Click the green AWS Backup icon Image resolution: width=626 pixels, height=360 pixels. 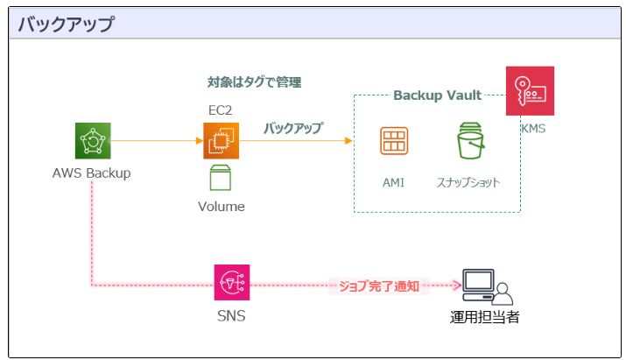pyautogui.click(x=93, y=140)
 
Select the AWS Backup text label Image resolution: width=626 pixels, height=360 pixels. pyautogui.click(x=91, y=173)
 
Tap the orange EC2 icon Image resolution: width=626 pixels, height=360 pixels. pyautogui.click(x=221, y=140)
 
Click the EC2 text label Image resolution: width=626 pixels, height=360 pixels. pyautogui.click(x=220, y=109)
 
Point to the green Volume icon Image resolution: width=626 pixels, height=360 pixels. pyautogui.click(x=221, y=178)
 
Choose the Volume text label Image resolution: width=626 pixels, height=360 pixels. pyautogui.click(x=221, y=207)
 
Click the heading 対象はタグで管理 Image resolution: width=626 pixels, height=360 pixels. pyautogui.click(x=254, y=83)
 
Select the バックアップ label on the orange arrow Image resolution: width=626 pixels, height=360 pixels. pyautogui.click(x=293, y=128)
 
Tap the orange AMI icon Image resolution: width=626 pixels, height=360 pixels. pyautogui.click(x=394, y=141)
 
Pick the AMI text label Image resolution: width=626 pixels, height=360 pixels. pyautogui.click(x=394, y=182)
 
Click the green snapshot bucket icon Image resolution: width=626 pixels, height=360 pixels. pyautogui.click(x=470, y=141)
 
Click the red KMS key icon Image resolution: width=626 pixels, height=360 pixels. pyautogui.click(x=530, y=91)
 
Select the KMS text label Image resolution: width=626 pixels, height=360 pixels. pyautogui.click(x=534, y=129)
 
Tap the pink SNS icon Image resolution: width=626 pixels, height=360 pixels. pyautogui.click(x=232, y=283)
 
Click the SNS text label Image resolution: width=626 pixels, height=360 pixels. pyautogui.click(x=231, y=315)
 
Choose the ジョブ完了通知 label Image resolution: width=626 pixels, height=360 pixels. pyautogui.click(x=379, y=285)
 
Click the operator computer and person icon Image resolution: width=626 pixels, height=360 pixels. pyautogui.click(x=486, y=286)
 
